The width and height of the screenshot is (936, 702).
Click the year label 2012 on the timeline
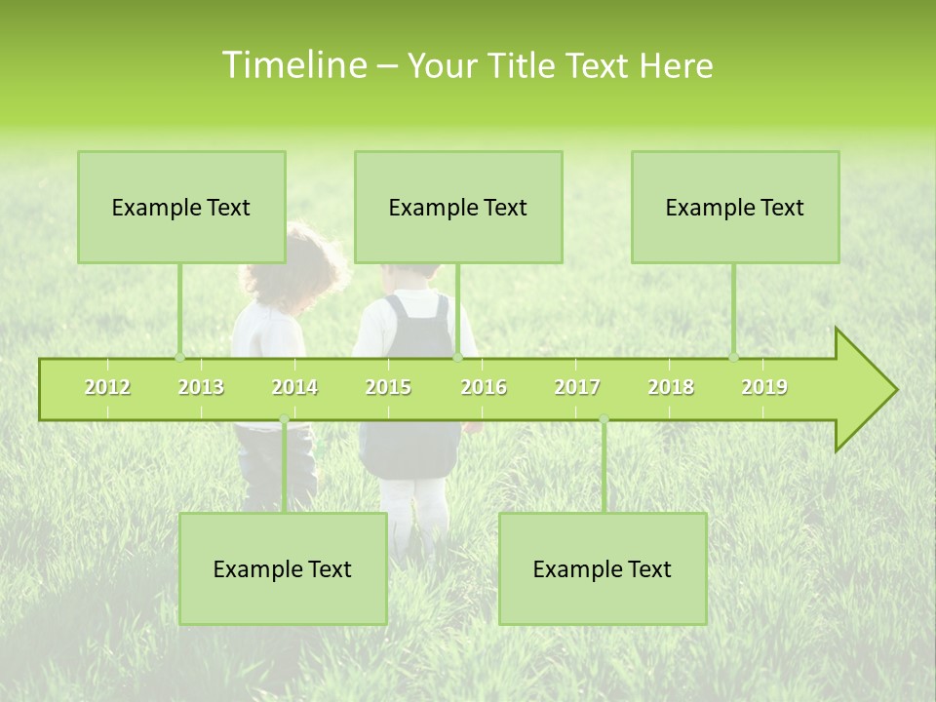click(107, 387)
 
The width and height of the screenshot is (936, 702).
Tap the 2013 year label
click(201, 387)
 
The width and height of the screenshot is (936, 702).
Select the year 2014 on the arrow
click(294, 387)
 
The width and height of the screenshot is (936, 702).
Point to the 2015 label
click(388, 387)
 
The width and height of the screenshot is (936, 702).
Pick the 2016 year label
click(484, 387)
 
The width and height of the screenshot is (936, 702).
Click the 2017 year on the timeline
click(577, 387)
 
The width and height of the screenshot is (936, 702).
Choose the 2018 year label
click(671, 387)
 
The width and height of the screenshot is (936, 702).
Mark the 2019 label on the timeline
click(764, 387)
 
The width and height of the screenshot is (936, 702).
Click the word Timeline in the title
click(292, 65)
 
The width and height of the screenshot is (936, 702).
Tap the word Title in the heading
click(524, 66)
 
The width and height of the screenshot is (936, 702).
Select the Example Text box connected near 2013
click(181, 207)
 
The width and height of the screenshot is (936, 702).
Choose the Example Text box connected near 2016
click(458, 207)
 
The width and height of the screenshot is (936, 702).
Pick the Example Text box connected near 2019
click(735, 207)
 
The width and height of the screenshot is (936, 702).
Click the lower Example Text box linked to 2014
click(283, 568)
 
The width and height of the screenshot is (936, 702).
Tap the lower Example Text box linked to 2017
click(603, 568)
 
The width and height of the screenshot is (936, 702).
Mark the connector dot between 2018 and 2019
click(733, 357)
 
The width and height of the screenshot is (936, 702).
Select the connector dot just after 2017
click(604, 419)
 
